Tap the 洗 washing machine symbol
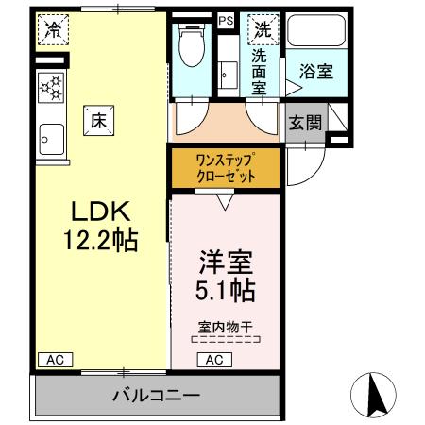tap(261, 29)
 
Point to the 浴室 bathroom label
tap(315, 70)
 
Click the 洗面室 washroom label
tap(259, 71)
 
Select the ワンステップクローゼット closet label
tap(225, 167)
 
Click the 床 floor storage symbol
tap(98, 120)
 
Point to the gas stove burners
tap(52, 89)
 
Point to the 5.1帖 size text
tap(224, 288)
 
